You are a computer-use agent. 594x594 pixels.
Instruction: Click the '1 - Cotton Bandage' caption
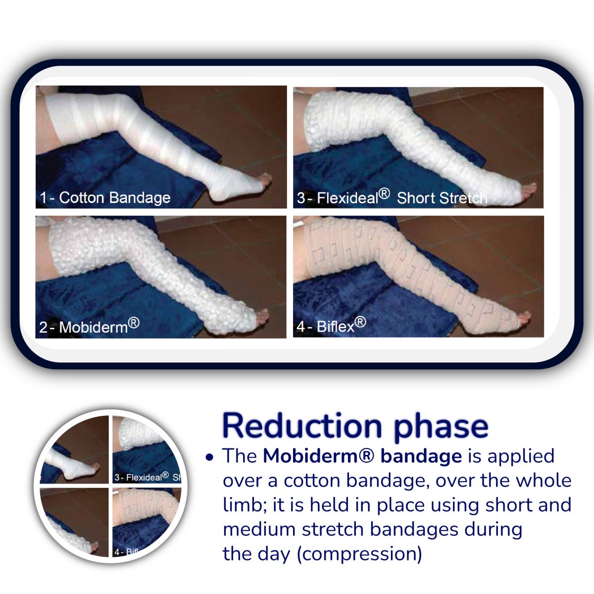(105, 198)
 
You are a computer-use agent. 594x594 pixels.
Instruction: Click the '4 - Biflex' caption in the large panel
(331, 325)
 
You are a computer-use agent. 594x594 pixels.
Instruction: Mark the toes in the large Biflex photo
(524, 317)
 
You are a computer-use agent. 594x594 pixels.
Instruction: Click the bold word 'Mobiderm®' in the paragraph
(319, 456)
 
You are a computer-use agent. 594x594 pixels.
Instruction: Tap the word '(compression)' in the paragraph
(359, 554)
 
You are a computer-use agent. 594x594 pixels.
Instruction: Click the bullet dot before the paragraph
(209, 457)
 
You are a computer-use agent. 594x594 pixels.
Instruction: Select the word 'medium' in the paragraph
(259, 529)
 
